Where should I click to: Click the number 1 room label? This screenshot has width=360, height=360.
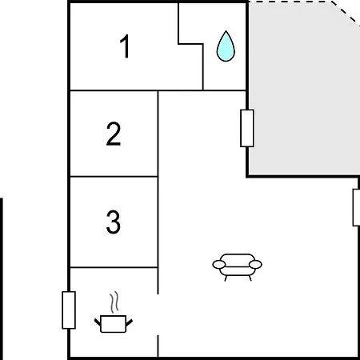pyautogui.click(x=125, y=46)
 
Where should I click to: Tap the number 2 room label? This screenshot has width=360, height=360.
pyautogui.click(x=114, y=134)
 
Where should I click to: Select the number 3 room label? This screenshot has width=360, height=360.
pyautogui.click(x=114, y=222)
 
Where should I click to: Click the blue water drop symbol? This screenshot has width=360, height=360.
pyautogui.click(x=226, y=46)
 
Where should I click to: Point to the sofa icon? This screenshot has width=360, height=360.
pyautogui.click(x=237, y=267)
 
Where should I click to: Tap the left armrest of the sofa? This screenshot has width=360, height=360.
pyautogui.click(x=219, y=265)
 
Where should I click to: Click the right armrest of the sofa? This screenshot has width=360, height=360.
pyautogui.click(x=255, y=265)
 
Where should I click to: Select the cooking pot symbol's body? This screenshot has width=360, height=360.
pyautogui.click(x=114, y=324)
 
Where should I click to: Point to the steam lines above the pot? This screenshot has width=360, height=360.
pyautogui.click(x=114, y=302)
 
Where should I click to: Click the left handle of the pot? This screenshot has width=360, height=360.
pyautogui.click(x=98, y=322)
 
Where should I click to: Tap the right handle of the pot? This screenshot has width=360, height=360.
pyautogui.click(x=129, y=322)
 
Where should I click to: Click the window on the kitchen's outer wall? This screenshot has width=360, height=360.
pyautogui.click(x=69, y=310)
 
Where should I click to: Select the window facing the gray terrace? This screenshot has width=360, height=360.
pyautogui.click(x=247, y=128)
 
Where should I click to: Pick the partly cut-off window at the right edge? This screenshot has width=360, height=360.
pyautogui.click(x=356, y=208)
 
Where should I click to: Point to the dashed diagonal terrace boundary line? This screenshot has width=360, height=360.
pyautogui.click(x=346, y=14)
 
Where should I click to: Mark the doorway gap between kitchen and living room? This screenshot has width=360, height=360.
pyautogui.click(x=158, y=314)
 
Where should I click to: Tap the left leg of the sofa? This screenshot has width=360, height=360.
pyautogui.click(x=226, y=278)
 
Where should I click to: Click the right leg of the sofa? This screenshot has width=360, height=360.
pyautogui.click(x=250, y=278)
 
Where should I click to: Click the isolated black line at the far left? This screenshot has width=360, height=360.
pyautogui.click(x=2, y=279)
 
